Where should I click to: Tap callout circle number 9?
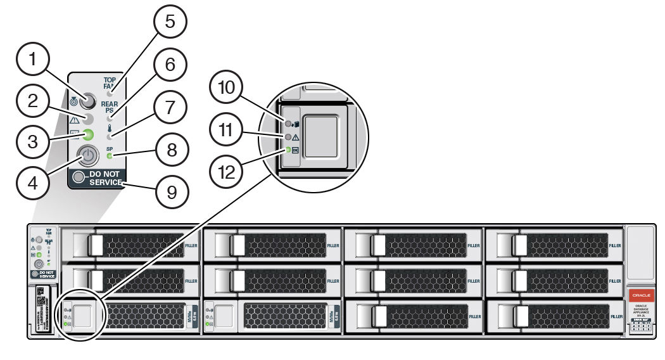pos(167,193)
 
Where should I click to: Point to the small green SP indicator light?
pos(110,155)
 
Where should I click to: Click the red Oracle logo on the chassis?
pos(639,296)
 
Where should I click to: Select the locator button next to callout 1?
pos(87,101)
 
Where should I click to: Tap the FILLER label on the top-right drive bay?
pos(614,245)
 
